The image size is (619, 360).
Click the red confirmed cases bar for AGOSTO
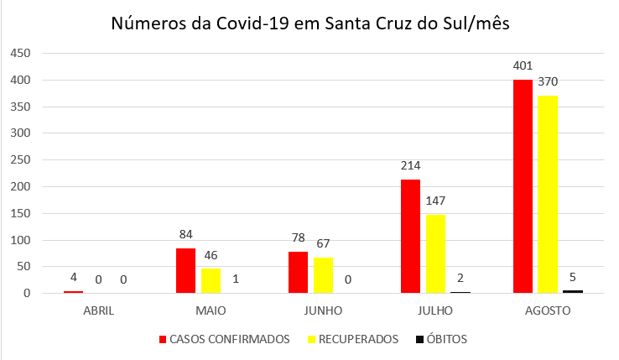click(523, 186)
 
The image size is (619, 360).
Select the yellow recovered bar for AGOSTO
click(548, 195)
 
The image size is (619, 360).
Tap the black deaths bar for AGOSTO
click(573, 291)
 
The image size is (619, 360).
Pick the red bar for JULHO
click(410, 236)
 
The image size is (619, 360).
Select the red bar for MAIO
click(185, 270)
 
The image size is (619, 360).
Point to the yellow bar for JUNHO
click(323, 275)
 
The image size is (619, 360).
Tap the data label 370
click(548, 81)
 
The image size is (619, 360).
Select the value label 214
click(410, 165)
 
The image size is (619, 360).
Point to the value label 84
click(185, 234)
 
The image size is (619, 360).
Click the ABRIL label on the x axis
click(98, 310)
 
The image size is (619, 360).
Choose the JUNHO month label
click(323, 310)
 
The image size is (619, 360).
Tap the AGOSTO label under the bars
click(548, 310)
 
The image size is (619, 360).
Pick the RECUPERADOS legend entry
click(356, 340)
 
